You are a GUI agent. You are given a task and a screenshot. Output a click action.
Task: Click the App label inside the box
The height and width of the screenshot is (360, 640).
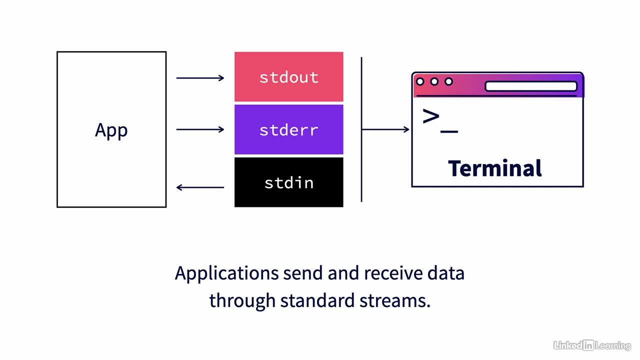point(111,130)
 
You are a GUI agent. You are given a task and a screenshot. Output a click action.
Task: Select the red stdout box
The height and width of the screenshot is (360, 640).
point(289,76)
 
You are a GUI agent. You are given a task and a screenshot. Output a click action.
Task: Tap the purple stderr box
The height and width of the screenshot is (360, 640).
point(289,129)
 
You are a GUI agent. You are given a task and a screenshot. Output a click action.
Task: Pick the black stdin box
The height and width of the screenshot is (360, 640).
point(289,182)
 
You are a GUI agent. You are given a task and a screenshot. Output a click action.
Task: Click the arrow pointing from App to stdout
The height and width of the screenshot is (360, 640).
point(200,77)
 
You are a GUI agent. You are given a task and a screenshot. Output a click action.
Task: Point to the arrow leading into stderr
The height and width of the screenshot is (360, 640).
point(200,129)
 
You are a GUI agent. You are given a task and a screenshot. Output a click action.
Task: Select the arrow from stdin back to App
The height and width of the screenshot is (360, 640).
point(200,187)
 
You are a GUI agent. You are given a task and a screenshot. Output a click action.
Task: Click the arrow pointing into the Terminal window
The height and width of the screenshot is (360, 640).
point(385,129)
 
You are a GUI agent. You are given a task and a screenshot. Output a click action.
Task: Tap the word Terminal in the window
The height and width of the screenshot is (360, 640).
point(495,168)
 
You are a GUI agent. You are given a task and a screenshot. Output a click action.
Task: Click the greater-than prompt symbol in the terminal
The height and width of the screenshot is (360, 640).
point(431,116)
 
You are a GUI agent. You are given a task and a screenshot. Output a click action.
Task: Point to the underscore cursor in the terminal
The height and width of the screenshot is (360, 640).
point(449,131)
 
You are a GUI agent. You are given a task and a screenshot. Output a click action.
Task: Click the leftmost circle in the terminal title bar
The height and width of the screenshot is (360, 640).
point(420,81)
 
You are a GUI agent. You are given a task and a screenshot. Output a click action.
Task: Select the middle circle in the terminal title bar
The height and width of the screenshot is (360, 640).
point(434,81)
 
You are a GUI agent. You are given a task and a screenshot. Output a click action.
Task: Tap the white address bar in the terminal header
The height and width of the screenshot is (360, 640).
point(531,86)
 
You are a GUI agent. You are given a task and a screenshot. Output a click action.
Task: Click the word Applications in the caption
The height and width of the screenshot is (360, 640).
point(227,273)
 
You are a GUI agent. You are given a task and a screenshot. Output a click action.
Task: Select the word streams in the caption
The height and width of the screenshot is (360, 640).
point(395,301)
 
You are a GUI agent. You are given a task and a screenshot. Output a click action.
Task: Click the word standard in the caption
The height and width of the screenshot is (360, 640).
point(317,300)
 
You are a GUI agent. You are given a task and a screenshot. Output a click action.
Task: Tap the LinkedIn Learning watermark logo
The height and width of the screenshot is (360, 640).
point(592,345)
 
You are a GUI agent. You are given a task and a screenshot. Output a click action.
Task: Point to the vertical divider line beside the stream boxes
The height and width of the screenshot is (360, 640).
point(361,129)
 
